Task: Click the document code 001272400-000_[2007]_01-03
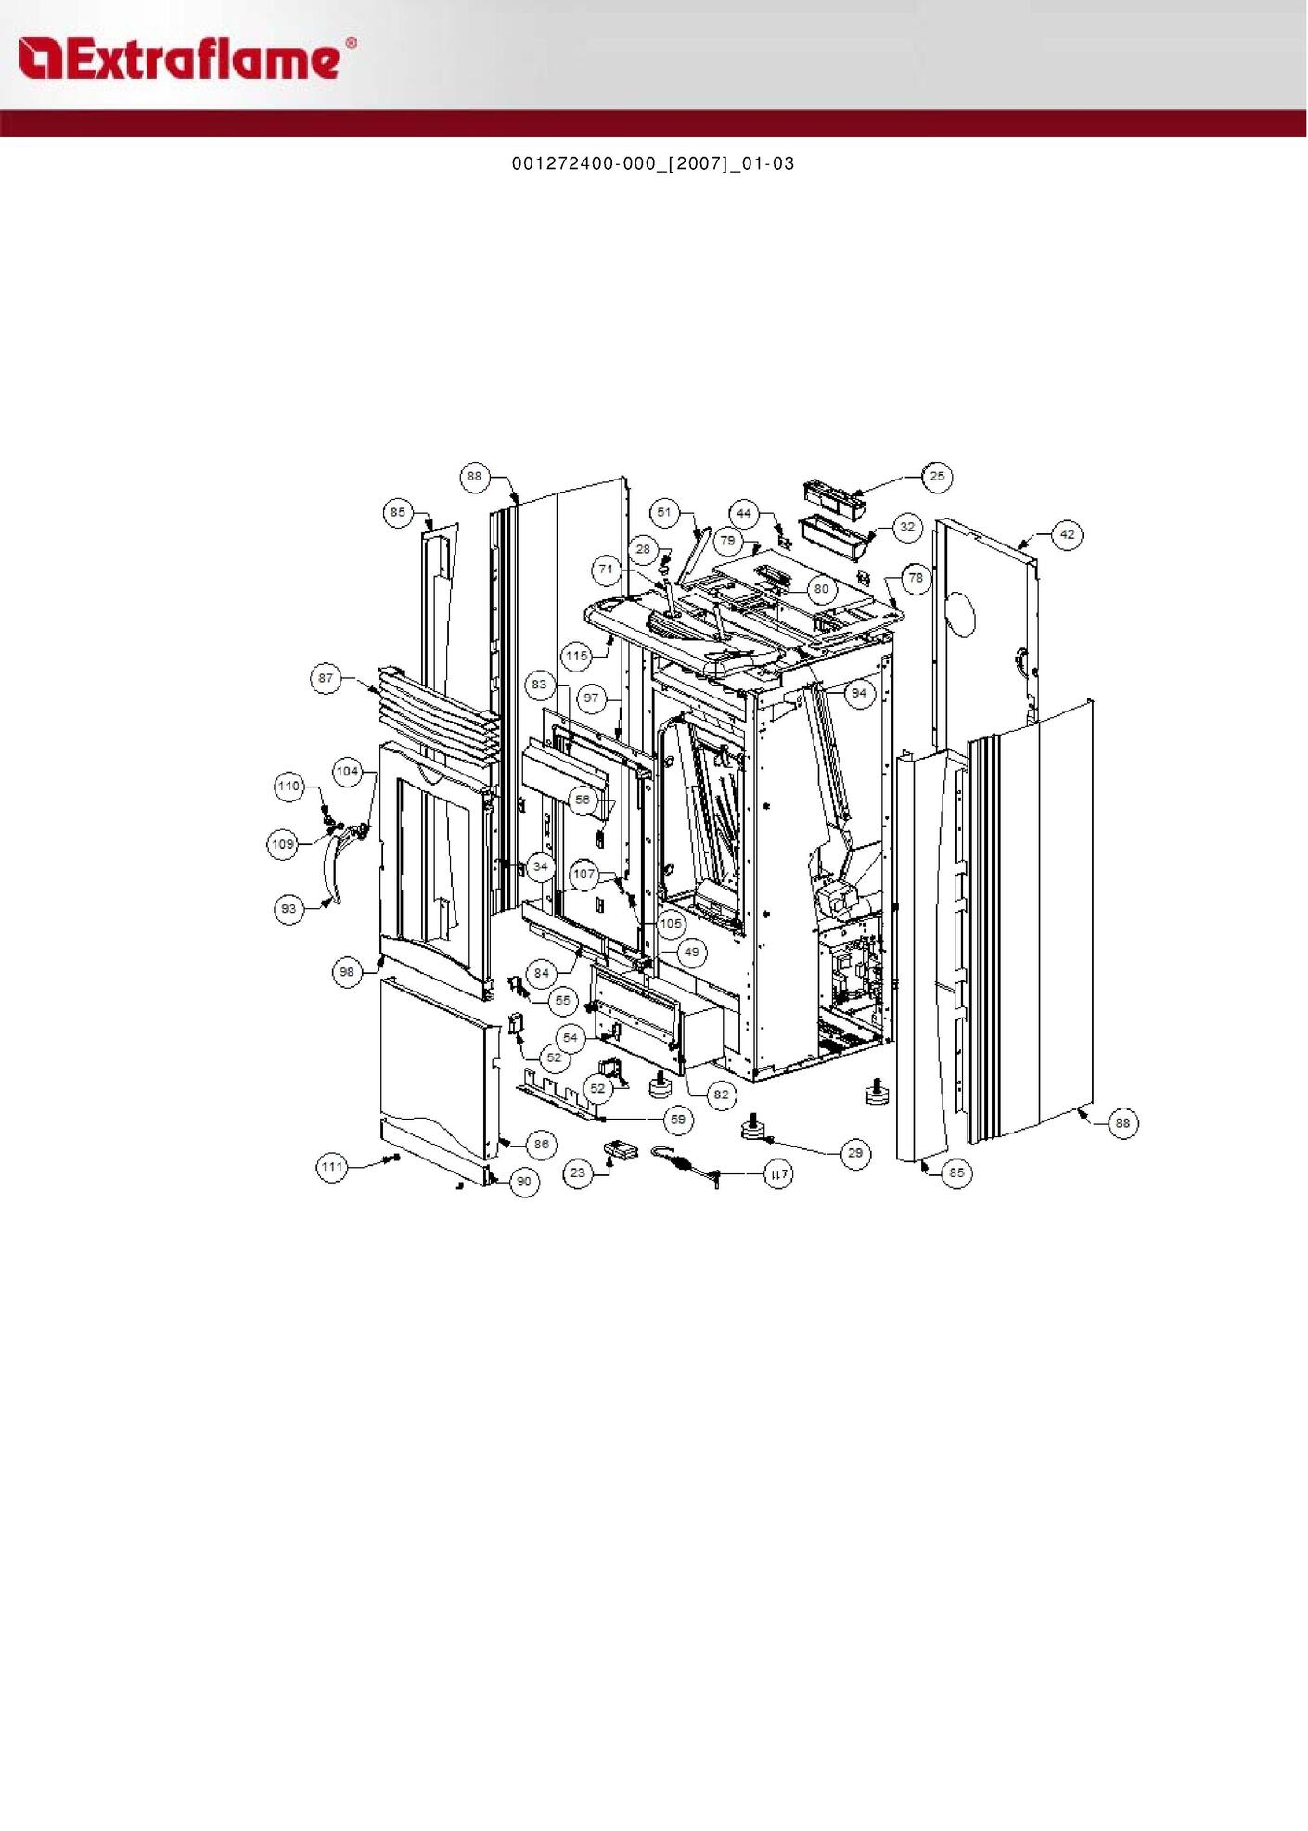point(653,164)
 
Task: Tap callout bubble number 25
point(937,477)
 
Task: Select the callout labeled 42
point(1068,534)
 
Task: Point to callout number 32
point(907,527)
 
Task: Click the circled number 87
point(326,678)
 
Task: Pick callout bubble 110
point(289,787)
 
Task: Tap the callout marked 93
point(289,909)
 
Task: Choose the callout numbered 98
point(347,972)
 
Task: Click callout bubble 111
point(333,1167)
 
